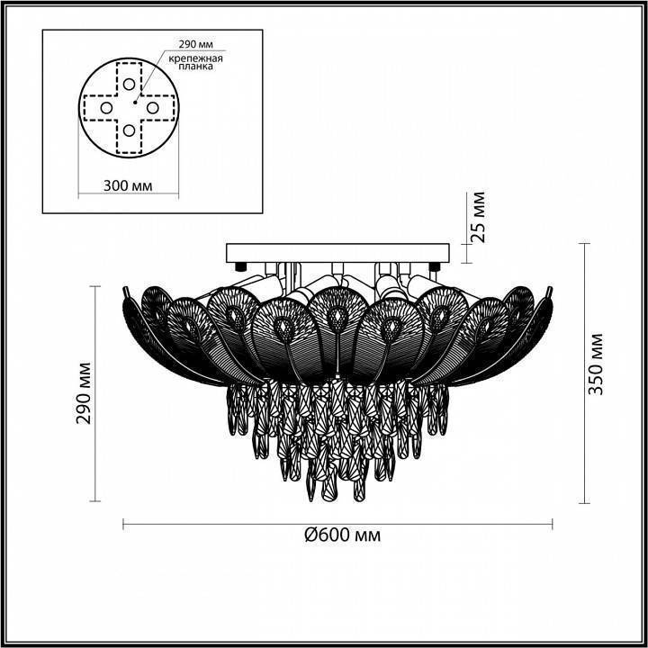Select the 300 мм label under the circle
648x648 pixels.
tap(127, 185)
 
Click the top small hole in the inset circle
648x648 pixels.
tap(130, 84)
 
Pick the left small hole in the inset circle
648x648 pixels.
tap(106, 108)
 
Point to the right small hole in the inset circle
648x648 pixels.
tap(153, 108)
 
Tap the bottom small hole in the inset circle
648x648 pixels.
tap(130, 131)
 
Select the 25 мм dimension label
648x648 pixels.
tap(478, 217)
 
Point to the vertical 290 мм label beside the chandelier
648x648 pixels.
tap(85, 394)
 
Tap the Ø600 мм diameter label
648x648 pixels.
tap(342, 535)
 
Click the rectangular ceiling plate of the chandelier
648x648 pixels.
tap(336, 251)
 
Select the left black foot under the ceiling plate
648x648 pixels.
tap(241, 265)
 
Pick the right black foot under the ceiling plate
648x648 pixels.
tap(435, 265)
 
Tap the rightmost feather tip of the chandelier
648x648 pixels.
tap(550, 290)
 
